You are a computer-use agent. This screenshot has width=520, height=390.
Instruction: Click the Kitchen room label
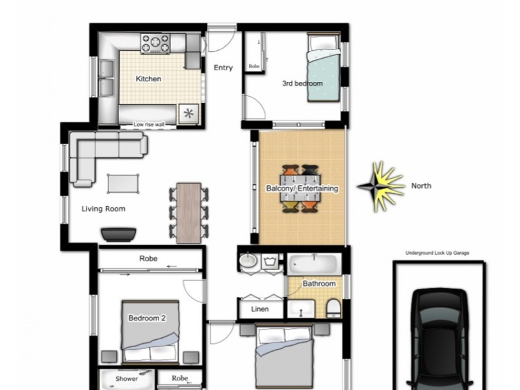[148, 79]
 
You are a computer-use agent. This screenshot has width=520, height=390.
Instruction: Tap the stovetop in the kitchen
[155, 44]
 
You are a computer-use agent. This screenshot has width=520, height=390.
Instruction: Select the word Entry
[223, 68]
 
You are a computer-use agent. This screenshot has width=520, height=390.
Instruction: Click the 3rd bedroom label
[302, 84]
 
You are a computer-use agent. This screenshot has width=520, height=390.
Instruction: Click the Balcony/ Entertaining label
[302, 188]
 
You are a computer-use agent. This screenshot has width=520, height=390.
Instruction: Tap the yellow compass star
[379, 186]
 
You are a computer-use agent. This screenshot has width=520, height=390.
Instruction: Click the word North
[421, 186]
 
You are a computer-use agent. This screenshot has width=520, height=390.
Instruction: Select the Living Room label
[103, 209]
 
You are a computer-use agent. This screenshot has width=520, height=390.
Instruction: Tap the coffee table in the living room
[123, 183]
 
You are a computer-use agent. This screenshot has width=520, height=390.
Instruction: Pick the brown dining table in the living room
[188, 213]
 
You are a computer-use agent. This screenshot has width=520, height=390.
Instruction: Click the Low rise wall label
[149, 124]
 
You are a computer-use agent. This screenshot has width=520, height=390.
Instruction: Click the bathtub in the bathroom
[314, 264]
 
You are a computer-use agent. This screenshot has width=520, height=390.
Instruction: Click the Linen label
[260, 309]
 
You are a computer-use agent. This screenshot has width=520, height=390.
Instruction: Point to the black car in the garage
[440, 341]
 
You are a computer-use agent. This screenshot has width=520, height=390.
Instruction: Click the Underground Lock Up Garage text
[437, 253]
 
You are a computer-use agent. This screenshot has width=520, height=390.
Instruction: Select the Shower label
[127, 378]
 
